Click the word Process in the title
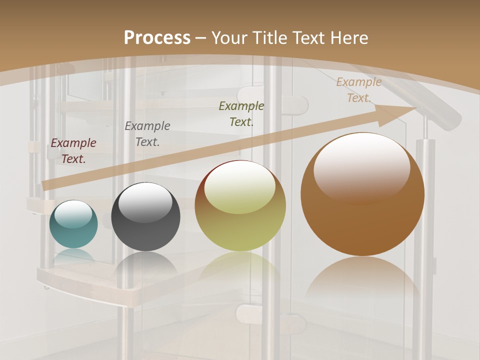[x=157, y=38]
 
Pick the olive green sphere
[x=240, y=225]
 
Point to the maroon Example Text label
[x=73, y=151]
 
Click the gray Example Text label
[x=147, y=134]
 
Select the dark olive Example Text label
[x=241, y=114]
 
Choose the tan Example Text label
[x=359, y=90]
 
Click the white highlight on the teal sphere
[x=73, y=213]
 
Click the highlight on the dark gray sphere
[x=145, y=201]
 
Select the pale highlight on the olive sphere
[x=240, y=187]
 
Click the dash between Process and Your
[x=201, y=38]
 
